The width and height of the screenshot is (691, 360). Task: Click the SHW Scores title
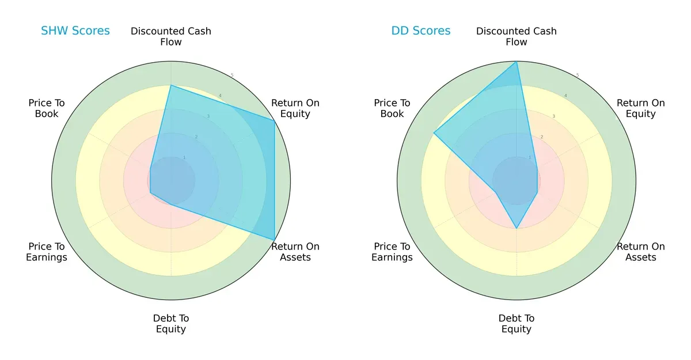tap(75, 31)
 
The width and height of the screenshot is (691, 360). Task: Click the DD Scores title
tap(421, 31)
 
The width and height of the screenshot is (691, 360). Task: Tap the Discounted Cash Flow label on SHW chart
tap(171, 36)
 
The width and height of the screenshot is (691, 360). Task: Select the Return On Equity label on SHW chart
tap(295, 108)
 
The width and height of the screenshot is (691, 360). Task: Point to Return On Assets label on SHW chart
tap(295, 252)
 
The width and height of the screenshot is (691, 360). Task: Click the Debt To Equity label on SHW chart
tap(171, 324)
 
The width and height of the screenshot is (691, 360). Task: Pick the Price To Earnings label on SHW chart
tap(47, 252)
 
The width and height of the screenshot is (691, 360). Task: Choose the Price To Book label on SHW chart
tap(47, 108)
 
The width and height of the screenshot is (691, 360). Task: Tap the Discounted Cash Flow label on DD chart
tap(517, 36)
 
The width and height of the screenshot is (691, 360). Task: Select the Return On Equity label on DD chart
tap(641, 108)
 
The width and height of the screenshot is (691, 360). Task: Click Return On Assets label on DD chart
tap(641, 252)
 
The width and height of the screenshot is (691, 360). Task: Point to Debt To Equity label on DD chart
tap(517, 324)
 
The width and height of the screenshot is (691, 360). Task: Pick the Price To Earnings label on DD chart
tap(392, 252)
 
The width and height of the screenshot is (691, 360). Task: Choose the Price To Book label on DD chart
tap(392, 108)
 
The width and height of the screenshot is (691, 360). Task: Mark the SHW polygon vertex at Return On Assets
tap(274, 240)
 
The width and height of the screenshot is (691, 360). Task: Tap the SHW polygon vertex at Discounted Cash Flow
tap(171, 85)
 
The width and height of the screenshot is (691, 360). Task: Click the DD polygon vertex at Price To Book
tap(434, 132)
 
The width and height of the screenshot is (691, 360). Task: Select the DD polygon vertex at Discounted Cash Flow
tap(517, 62)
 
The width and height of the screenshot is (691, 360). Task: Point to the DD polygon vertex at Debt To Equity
tap(517, 228)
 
